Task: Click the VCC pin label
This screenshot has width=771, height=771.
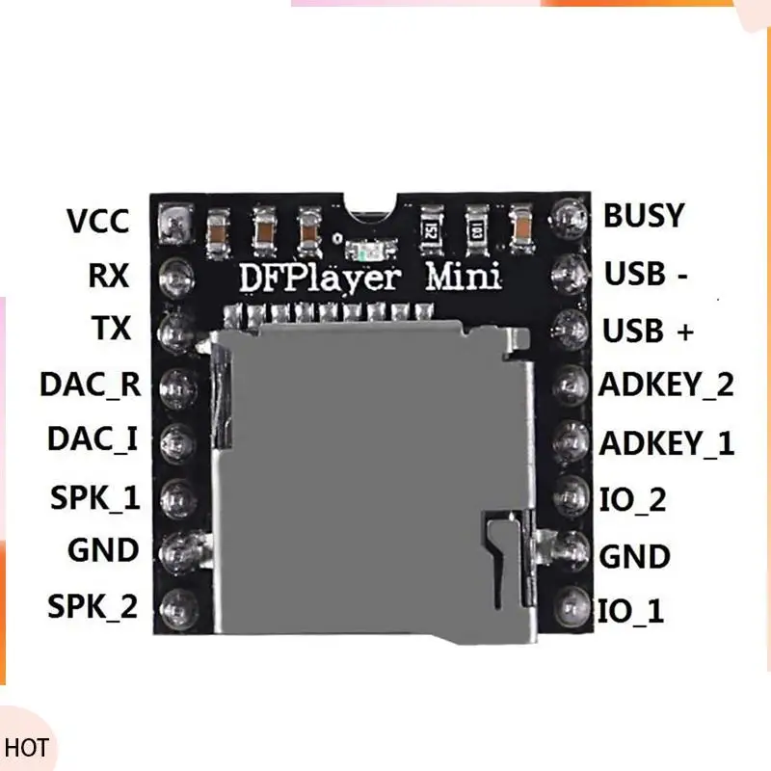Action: (x=97, y=221)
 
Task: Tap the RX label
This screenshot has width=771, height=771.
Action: (x=108, y=276)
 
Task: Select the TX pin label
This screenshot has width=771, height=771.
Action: (x=112, y=329)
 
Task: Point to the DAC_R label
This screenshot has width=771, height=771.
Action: (x=90, y=385)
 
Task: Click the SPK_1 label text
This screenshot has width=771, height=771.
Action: (x=93, y=497)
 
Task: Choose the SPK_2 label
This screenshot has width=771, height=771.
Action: (x=93, y=607)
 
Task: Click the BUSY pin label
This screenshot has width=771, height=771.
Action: (x=644, y=216)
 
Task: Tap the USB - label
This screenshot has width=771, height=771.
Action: (x=646, y=275)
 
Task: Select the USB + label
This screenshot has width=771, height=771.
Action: (x=648, y=331)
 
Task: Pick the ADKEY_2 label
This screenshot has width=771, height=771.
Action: (x=667, y=385)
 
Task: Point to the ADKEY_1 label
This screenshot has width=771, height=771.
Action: (x=667, y=443)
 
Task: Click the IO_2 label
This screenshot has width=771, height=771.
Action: (x=631, y=499)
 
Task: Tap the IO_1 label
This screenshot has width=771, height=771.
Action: (x=631, y=611)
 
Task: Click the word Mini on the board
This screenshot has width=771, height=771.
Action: (x=465, y=278)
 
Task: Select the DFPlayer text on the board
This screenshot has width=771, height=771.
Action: (x=317, y=278)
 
